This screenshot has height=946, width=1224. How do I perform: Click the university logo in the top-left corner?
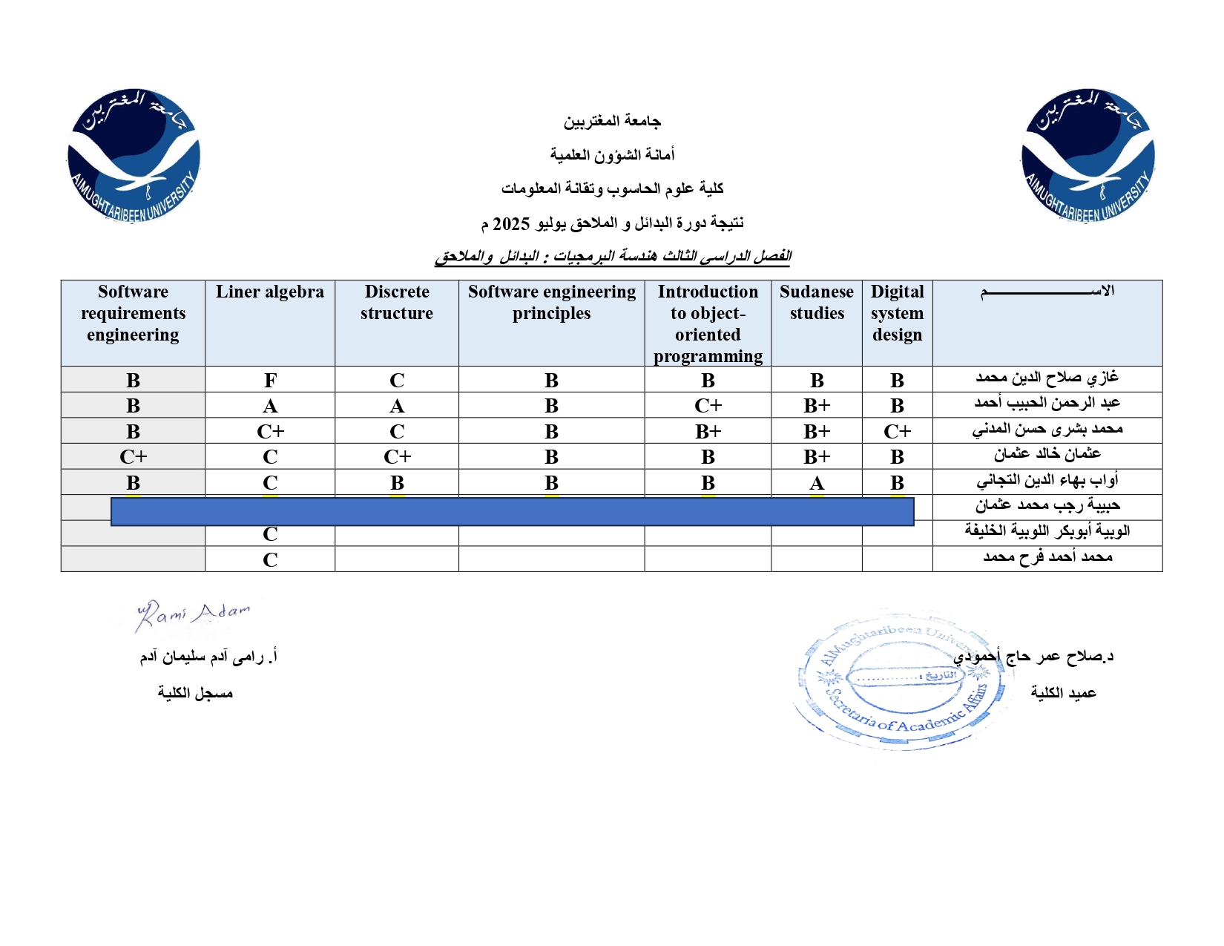(134, 156)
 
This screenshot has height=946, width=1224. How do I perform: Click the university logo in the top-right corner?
(1088, 156)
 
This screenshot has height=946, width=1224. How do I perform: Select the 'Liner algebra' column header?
(270, 292)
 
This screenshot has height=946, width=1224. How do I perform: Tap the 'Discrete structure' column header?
(397, 303)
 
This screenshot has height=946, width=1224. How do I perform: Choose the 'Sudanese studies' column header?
(817, 303)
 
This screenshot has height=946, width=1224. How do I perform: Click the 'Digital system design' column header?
(897, 313)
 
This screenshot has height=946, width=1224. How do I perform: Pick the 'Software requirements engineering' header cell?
(134, 313)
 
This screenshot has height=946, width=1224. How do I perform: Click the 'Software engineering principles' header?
(551, 303)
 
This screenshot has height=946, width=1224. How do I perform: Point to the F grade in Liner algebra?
(270, 381)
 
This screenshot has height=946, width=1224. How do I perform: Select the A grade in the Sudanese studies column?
(817, 483)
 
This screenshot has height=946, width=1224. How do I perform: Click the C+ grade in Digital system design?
(897, 432)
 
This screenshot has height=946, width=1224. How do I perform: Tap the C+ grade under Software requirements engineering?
(134, 457)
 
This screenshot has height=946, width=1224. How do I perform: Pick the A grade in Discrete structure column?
(397, 407)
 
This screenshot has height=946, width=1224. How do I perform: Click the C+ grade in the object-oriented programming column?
(708, 407)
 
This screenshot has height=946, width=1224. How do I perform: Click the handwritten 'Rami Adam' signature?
(193, 614)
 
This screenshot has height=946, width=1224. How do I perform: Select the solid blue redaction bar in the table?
(512, 512)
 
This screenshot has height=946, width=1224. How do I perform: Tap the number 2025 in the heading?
(511, 224)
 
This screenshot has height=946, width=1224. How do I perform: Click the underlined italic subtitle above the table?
(613, 257)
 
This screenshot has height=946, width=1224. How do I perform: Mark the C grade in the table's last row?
(270, 560)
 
